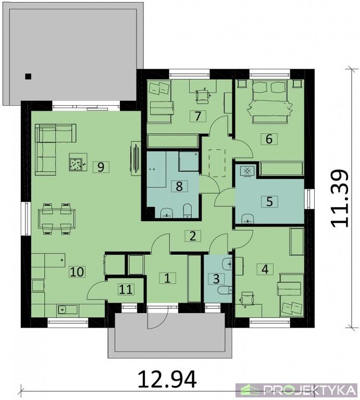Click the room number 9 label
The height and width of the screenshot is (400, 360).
coord(101,167)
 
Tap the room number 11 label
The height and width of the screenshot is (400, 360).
coord(126,290)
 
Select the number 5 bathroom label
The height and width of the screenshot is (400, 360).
coord(269,202)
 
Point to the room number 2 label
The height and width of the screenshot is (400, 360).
coord(193,236)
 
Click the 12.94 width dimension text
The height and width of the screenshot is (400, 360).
coord(167,379)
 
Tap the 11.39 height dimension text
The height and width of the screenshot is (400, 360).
coord(339,198)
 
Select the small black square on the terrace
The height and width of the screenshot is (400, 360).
coord(28,76)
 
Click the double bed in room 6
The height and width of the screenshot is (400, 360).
coord(269,101)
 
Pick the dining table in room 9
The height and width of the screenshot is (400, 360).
coord(56,218)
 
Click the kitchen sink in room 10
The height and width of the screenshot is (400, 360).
coord(67,309)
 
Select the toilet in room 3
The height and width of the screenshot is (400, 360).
coord(225,290)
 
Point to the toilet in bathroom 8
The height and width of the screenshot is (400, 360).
coord(188,211)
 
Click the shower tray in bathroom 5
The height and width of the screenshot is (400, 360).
coord(247,170)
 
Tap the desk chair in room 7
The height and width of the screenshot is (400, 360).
coord(203,96)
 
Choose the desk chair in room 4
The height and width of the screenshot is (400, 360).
coord(247,298)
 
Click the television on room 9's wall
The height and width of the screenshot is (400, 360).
coord(135,158)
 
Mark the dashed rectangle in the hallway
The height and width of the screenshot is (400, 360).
coord(217,163)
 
